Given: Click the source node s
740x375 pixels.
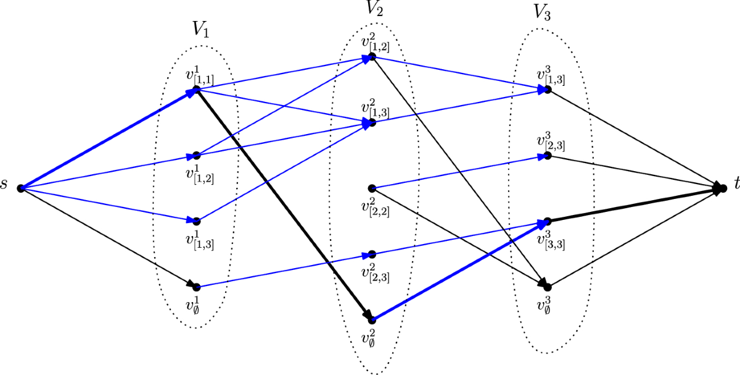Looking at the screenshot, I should click(20, 188).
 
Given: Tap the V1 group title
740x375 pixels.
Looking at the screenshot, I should click(200, 30).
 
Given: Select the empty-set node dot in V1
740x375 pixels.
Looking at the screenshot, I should click(196, 287).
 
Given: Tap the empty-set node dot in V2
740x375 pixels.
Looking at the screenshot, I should click(371, 319).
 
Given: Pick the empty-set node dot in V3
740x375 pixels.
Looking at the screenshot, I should click(548, 287).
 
